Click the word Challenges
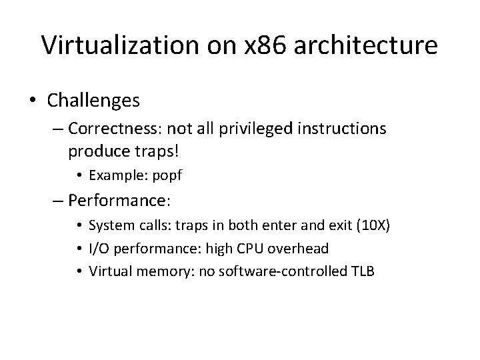pyautogui.click(x=93, y=100)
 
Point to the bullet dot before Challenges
pyautogui.click(x=33, y=101)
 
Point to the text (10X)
pyautogui.click(x=372, y=225)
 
